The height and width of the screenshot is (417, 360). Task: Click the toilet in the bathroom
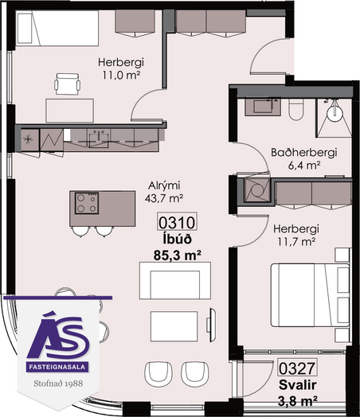point(296,109)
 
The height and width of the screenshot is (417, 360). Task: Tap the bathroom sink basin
point(263,107)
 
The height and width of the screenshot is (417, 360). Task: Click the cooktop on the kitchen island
point(87,203)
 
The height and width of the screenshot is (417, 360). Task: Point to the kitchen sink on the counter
point(99,138)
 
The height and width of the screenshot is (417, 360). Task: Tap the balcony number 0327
point(297,368)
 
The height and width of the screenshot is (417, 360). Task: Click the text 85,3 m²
point(177,255)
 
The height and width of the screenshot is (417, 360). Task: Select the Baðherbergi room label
point(304,153)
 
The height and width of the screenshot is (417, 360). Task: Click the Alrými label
point(164,185)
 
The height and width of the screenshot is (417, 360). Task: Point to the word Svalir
point(297,385)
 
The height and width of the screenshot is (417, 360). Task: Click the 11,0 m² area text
point(121,76)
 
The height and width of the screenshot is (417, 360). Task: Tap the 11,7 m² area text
point(296,242)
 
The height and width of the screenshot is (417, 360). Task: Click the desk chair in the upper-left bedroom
point(68,84)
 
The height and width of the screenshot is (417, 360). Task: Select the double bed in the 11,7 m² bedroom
point(311,295)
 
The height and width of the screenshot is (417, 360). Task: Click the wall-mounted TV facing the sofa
point(212,325)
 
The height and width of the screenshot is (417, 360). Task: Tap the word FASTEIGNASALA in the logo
point(57,368)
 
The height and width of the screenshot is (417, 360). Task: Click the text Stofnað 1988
point(58,384)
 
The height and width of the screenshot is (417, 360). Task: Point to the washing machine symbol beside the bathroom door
point(257,190)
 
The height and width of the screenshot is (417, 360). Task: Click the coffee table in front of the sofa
point(174,326)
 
